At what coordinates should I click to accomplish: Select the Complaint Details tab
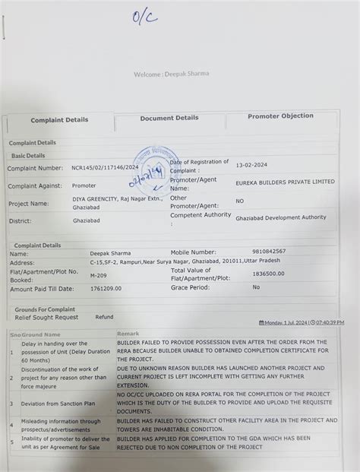(x=59, y=120)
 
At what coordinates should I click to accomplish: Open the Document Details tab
(x=169, y=118)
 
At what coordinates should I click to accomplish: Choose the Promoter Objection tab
(x=280, y=116)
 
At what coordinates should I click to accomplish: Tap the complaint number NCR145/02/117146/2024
(x=105, y=167)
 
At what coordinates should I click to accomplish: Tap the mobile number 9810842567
(x=269, y=251)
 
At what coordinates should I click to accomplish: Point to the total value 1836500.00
(x=268, y=274)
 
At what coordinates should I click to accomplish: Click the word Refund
(x=104, y=317)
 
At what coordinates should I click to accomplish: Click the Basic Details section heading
(x=28, y=156)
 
